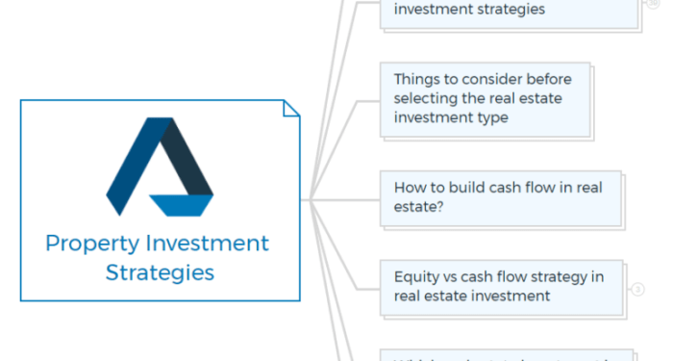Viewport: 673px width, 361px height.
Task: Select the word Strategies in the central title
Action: (x=160, y=272)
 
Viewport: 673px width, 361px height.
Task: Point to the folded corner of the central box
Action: (x=291, y=108)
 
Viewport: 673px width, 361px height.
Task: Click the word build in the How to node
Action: (x=472, y=187)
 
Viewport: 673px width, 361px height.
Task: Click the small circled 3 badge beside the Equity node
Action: (x=637, y=288)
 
